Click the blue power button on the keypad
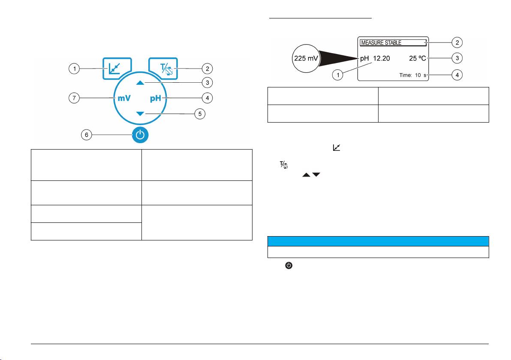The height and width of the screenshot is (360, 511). click(x=140, y=135)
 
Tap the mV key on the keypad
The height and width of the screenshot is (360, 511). click(x=124, y=98)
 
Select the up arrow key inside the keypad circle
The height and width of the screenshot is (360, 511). click(x=140, y=83)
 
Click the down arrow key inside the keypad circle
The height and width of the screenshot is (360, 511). click(x=140, y=114)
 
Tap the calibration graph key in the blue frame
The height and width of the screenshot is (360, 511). click(x=117, y=69)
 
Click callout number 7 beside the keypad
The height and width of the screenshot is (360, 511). click(x=74, y=98)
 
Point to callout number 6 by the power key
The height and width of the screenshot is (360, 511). click(x=86, y=135)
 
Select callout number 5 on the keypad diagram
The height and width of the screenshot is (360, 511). click(x=200, y=114)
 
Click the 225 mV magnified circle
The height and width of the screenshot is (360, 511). click(x=306, y=58)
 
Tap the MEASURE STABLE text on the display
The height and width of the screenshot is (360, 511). click(x=381, y=43)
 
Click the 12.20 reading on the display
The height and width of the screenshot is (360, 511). click(x=381, y=58)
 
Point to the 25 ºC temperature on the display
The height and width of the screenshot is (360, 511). click(x=418, y=58)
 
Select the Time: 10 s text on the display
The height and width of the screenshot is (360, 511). click(x=413, y=75)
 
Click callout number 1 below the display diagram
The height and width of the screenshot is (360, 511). click(x=338, y=75)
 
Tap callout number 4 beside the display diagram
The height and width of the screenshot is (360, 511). click(x=457, y=75)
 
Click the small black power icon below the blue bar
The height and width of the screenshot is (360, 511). click(x=289, y=266)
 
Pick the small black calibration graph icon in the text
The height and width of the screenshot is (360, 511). click(x=337, y=147)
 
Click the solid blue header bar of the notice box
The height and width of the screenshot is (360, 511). click(x=378, y=241)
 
